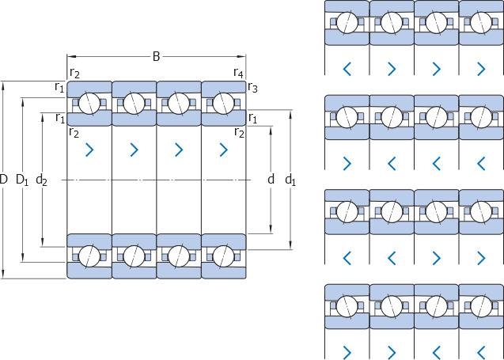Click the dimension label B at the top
coord(156,56)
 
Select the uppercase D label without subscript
coord(4,180)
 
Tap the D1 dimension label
coord(23,180)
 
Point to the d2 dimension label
coord(42,180)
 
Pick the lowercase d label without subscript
coord(271,180)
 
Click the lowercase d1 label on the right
coord(290,180)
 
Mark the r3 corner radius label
coord(252,88)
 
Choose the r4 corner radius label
coord(238,74)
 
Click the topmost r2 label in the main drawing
coord(74,74)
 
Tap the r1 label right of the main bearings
coord(252,119)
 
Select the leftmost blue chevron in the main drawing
coord(89,149)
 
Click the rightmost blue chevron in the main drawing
coord(223,149)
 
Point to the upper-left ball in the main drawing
coord(89,103)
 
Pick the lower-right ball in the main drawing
coord(223,256)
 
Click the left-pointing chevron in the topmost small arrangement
coord(347,69)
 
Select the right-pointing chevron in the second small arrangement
coord(347,163)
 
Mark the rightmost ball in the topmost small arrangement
coord(480,22)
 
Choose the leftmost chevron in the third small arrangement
coord(347,257)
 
